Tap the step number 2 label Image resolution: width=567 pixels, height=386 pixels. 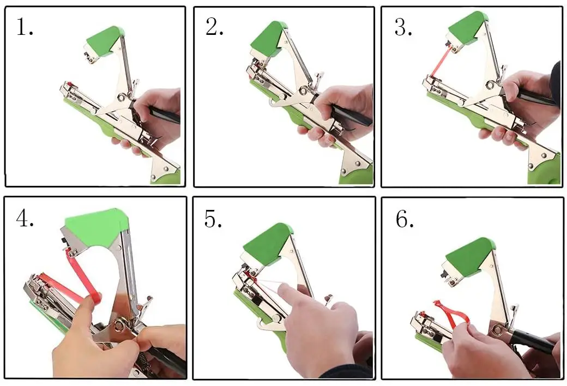point(214,27)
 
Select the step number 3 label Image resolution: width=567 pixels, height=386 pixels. point(403,27)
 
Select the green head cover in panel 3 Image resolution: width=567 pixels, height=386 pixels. point(466,27)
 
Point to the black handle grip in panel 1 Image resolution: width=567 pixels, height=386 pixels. point(166,114)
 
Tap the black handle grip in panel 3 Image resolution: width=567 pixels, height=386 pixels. point(537,98)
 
